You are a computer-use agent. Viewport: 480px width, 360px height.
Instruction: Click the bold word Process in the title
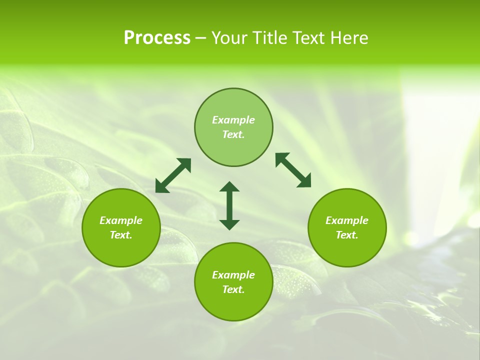click(x=157, y=38)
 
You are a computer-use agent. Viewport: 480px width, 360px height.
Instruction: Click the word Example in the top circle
click(x=233, y=120)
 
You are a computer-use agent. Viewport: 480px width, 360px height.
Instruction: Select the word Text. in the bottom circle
click(x=233, y=289)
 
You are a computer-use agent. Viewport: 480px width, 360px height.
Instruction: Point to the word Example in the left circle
click(x=121, y=220)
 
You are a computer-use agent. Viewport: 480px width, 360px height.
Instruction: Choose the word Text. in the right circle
click(x=347, y=235)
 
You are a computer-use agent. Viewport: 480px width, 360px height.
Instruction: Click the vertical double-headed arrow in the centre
click(x=229, y=205)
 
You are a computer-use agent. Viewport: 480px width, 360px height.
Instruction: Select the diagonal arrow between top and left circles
click(x=173, y=175)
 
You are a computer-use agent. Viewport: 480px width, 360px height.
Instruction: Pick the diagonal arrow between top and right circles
click(x=293, y=170)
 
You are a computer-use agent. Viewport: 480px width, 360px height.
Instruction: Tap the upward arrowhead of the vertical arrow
click(x=229, y=186)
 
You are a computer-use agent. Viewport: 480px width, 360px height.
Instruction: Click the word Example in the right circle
click(x=347, y=220)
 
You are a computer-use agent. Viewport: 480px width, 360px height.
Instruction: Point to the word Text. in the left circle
click(x=121, y=235)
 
